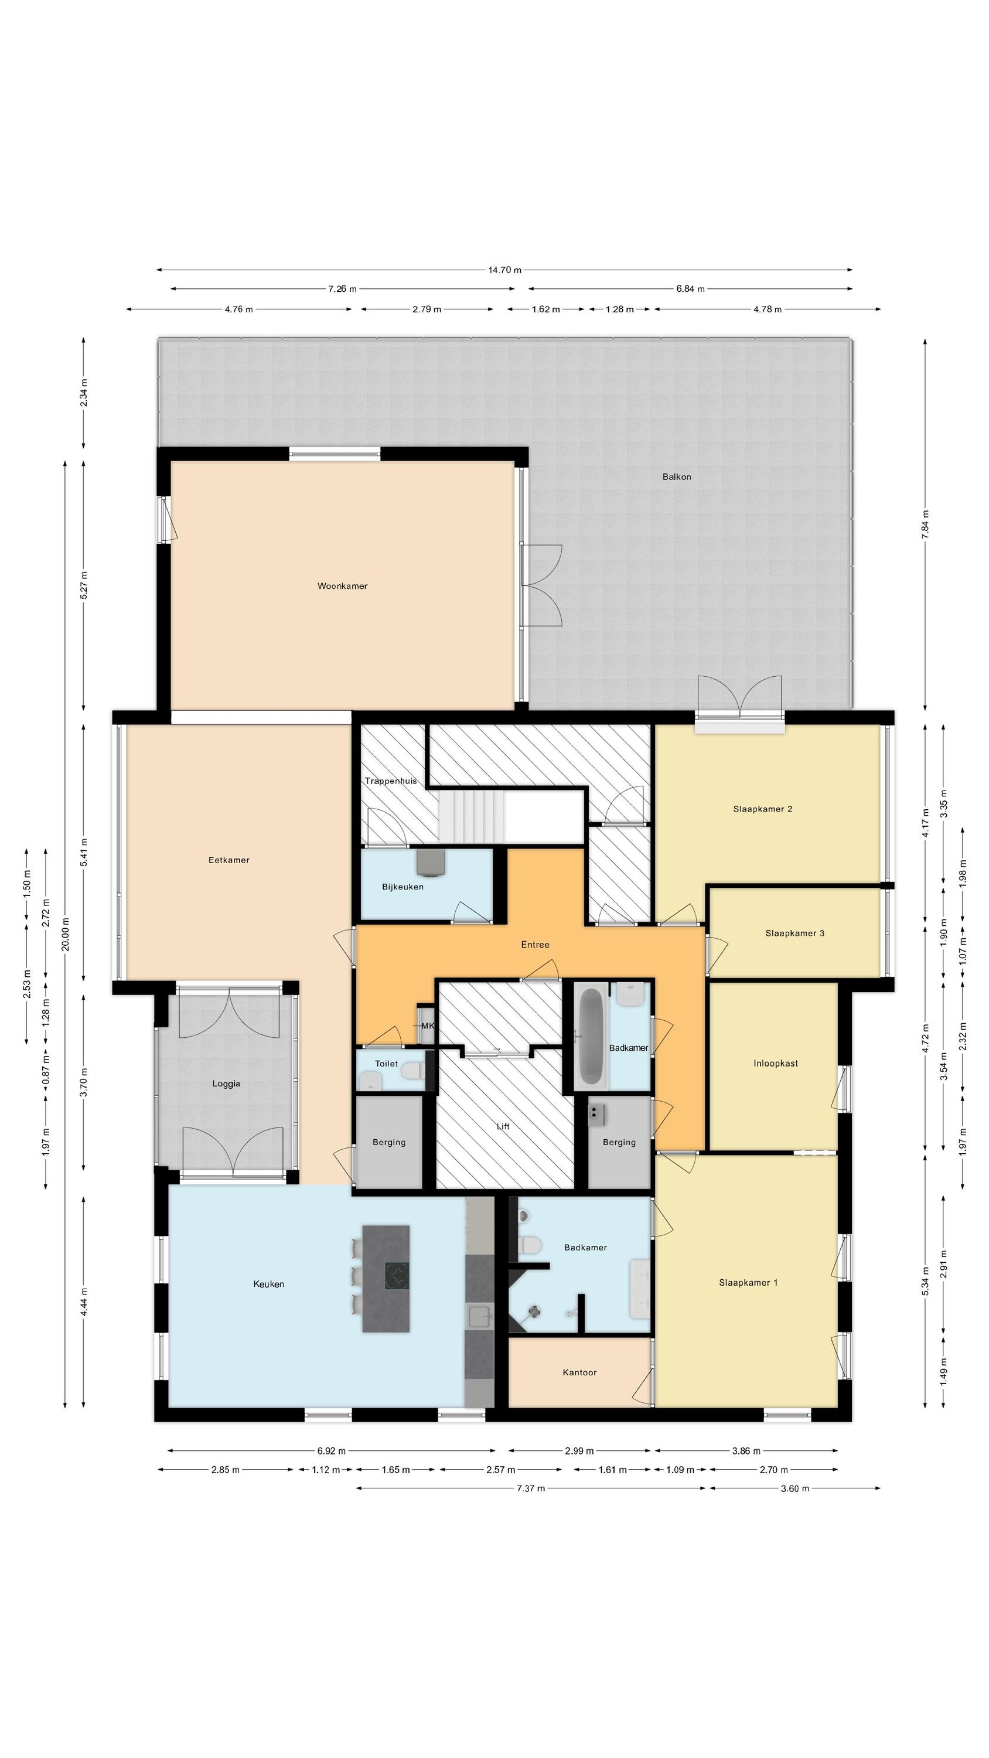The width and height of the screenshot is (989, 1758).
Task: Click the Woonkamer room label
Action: click(x=342, y=585)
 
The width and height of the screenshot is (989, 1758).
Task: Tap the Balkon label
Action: click(x=676, y=476)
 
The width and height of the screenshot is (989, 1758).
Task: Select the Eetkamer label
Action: click(x=229, y=860)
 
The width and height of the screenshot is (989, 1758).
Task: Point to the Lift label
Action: click(x=503, y=1126)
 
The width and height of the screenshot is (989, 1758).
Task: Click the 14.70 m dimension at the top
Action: click(x=504, y=270)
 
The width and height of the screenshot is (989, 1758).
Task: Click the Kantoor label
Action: click(x=579, y=1372)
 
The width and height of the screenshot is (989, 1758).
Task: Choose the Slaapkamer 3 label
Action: click(x=794, y=933)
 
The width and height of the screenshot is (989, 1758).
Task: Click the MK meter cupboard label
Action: click(x=427, y=1025)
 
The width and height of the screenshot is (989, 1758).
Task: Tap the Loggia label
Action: click(x=226, y=1083)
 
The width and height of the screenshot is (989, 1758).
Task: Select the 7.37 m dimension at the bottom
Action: click(x=531, y=1488)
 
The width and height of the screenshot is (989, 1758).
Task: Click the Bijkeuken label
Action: click(x=403, y=887)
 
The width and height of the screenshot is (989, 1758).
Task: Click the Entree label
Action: click(x=535, y=945)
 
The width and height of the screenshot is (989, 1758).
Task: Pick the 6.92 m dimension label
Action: click(x=332, y=1451)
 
